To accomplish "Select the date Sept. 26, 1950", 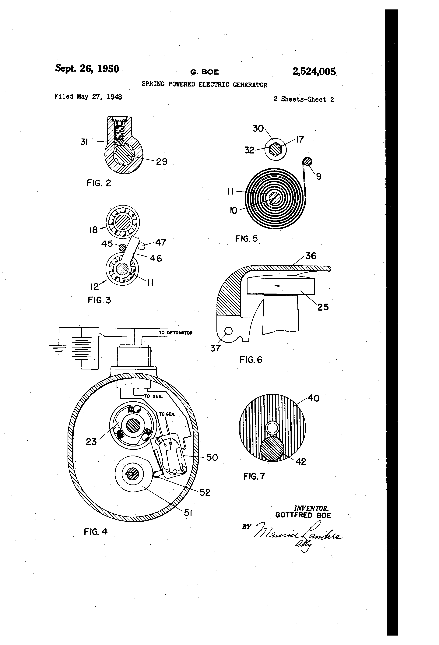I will [87, 69].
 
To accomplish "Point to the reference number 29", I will [162, 161].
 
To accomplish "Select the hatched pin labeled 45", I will [122, 247].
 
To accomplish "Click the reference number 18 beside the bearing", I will [93, 230].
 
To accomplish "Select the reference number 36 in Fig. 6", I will [311, 256].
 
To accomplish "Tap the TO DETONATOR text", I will [175, 333].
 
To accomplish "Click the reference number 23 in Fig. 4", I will [91, 441].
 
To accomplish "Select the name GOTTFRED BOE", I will [303, 515].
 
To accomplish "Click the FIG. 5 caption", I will [246, 239].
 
